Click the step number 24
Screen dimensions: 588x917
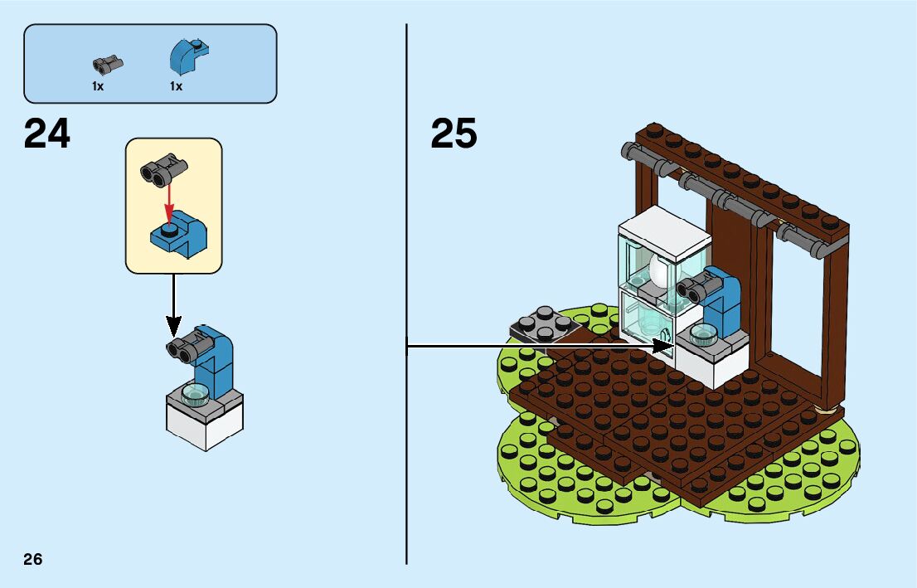(x=47, y=134)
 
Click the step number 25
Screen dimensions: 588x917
(x=454, y=134)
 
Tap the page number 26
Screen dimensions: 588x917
(x=33, y=559)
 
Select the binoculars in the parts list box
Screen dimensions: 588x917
(x=109, y=63)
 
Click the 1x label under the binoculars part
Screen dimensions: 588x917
(x=98, y=86)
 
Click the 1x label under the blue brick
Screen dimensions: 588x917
(x=176, y=86)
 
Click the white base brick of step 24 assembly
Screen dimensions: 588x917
(x=204, y=427)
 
